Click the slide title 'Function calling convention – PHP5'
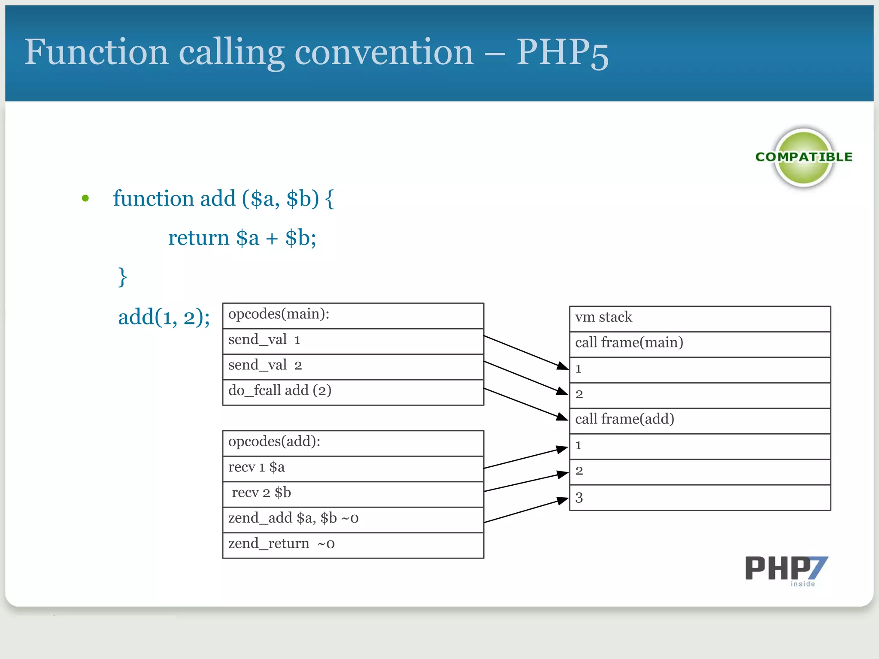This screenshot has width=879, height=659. [x=316, y=52]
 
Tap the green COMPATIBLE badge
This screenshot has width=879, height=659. [x=803, y=157]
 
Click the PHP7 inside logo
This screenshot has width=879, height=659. [x=786, y=570]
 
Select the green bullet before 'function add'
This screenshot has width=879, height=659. [x=85, y=198]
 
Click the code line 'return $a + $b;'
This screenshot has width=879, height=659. [x=242, y=238]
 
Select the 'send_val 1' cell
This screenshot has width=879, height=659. [x=353, y=341]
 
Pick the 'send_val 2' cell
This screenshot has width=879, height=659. [x=353, y=366]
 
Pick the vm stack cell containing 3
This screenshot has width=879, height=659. [x=700, y=497]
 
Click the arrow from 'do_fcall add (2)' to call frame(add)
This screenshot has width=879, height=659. [x=526, y=404]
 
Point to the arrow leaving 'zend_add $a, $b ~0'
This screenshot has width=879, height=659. [x=526, y=511]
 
